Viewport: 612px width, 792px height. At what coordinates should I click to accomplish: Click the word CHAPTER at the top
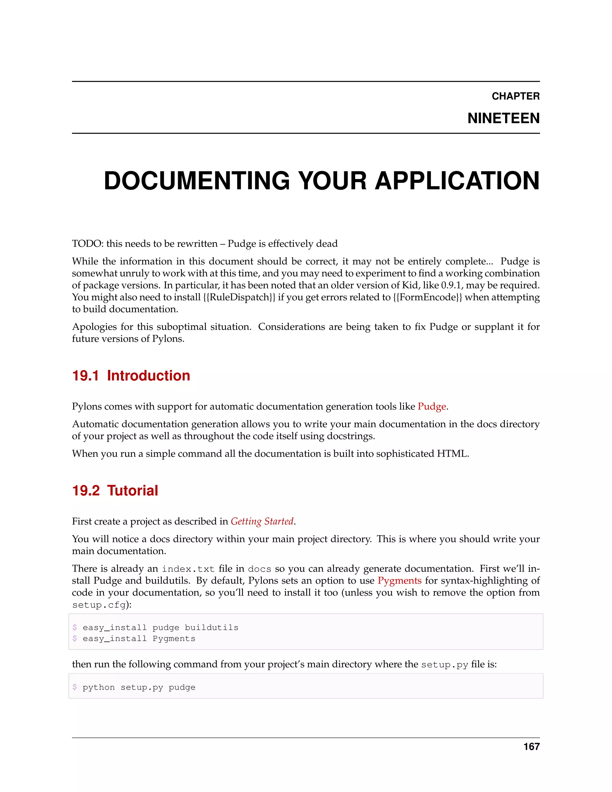pos(515,96)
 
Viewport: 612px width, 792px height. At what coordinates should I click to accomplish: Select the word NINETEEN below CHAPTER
pos(503,119)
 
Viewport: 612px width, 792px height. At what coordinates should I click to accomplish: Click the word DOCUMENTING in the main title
pos(197,181)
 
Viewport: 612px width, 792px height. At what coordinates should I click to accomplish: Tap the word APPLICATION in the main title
pos(457,181)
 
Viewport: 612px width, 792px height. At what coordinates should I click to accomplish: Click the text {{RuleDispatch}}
pos(239,297)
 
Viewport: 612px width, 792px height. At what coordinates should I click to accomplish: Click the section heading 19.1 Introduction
pos(131,376)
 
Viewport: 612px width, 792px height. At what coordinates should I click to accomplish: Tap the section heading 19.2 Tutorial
pos(115,491)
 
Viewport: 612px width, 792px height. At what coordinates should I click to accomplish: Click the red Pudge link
pos(432,406)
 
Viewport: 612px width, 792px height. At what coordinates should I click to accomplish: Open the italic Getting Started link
pos(262,522)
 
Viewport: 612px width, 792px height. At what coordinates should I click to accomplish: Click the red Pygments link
pos(399,581)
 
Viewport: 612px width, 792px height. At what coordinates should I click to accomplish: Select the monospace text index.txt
pos(188,569)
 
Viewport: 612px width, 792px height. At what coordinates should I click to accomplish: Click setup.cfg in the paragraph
pos(99,605)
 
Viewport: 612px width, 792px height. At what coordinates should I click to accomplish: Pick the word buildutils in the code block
pos(211,628)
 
